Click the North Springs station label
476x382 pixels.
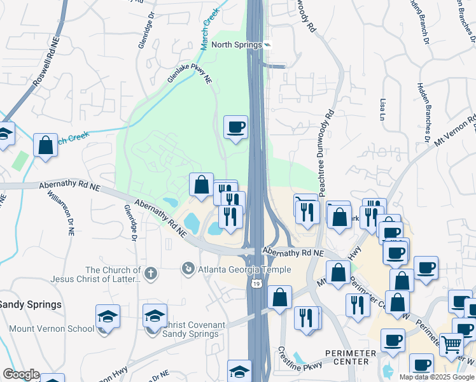pos(237,45)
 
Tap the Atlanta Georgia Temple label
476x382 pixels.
pos(244,269)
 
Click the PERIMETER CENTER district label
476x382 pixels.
pos(346,357)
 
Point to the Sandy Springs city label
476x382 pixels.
pos(31,304)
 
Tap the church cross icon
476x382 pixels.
pos(150,274)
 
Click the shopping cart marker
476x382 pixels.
pos(451,345)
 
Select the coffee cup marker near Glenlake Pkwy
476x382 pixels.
pos(235,127)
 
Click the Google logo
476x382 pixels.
pos(20,374)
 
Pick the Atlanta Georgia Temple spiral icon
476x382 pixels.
pos(188,269)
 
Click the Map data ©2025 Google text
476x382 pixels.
pos(437,377)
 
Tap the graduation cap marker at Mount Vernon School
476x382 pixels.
pos(108,316)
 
